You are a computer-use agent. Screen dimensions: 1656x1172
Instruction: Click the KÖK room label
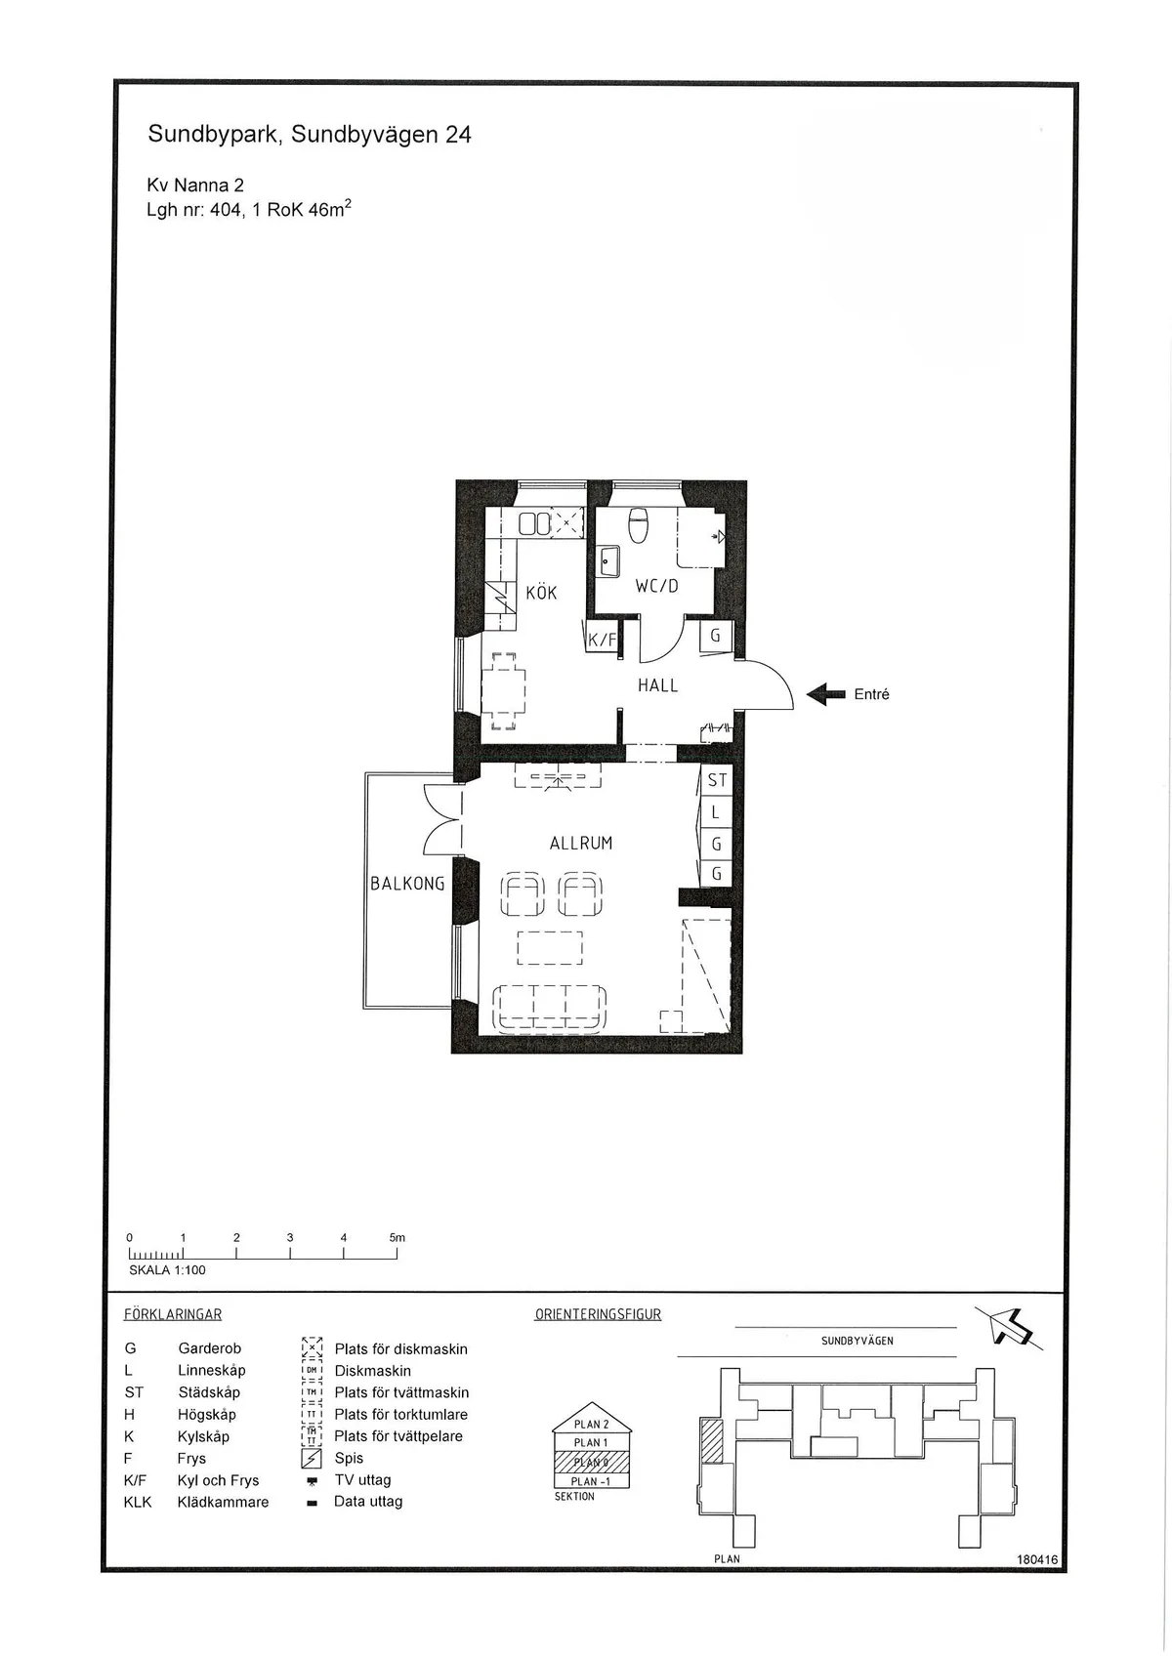(541, 593)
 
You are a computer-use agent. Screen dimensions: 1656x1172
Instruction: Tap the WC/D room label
(656, 586)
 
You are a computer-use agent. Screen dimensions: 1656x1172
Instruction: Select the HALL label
(657, 685)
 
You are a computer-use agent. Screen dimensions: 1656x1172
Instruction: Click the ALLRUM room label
(581, 843)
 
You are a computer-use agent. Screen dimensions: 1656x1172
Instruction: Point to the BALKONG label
(407, 884)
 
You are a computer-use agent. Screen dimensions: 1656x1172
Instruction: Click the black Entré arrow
(826, 694)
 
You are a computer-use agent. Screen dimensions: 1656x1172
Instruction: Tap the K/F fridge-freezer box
(603, 641)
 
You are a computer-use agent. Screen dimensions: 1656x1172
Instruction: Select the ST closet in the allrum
(717, 780)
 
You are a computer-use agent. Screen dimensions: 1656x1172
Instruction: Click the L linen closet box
(716, 811)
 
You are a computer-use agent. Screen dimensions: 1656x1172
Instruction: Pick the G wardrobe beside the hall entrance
(716, 636)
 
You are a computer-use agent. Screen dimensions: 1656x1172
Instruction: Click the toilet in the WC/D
(638, 524)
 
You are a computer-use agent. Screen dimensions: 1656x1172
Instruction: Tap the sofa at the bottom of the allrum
(550, 1009)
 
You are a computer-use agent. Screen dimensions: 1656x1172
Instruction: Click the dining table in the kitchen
(503, 691)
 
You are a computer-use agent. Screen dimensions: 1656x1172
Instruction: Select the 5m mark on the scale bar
(397, 1238)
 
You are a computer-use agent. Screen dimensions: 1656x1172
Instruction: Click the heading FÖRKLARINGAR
(173, 1314)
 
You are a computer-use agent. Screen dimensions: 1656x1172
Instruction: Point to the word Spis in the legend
(349, 1458)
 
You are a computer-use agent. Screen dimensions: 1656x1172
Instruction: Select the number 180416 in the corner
(1037, 1560)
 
